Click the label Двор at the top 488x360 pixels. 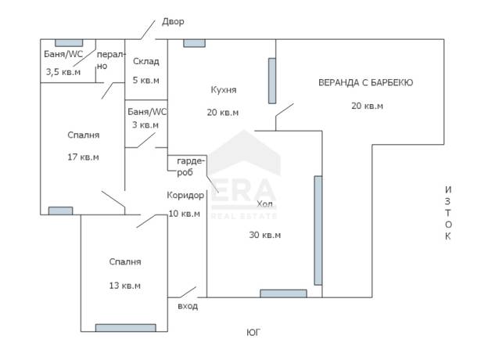point(173,22)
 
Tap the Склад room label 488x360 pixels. point(146,61)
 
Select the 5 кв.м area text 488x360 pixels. point(146,81)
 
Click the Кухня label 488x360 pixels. point(224,90)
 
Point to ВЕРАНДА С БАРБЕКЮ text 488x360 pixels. point(366,82)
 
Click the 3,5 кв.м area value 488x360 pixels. point(63,72)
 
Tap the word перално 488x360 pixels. point(109,60)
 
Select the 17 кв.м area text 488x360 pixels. point(83,157)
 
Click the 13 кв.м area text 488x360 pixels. point(125,286)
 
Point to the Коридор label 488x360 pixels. point(185,195)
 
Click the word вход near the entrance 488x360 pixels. point(188,306)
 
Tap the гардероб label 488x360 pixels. point(190,167)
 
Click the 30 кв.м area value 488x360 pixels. point(265,235)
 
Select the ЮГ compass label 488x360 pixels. point(253,333)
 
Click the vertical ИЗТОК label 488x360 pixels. point(448,213)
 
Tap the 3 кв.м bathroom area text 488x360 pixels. point(145,125)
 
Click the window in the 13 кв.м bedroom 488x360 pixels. point(125,328)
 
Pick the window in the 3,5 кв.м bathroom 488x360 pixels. point(69,43)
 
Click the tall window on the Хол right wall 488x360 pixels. point(318,230)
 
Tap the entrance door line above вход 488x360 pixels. point(188,292)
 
